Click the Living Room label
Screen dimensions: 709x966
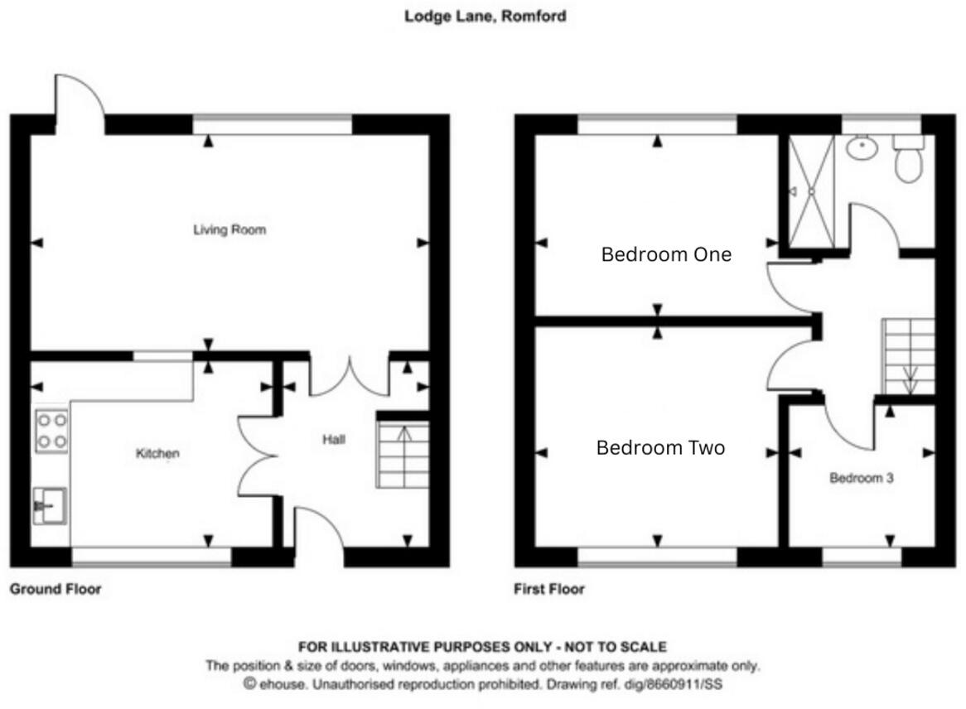(229, 229)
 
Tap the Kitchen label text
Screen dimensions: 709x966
(157, 453)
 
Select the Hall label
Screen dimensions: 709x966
(333, 440)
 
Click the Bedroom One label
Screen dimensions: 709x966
(666, 254)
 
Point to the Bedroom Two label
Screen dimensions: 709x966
(660, 448)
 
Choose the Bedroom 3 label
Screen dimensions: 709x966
(862, 478)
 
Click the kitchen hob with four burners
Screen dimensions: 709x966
(51, 432)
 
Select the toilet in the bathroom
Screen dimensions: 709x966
(909, 158)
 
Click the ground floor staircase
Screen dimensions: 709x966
(403, 454)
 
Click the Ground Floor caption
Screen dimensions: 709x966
(56, 589)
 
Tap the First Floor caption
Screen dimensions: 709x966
(549, 589)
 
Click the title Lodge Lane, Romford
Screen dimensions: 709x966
(485, 16)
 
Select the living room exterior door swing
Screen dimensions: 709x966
(80, 103)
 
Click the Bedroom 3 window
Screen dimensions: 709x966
(862, 557)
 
